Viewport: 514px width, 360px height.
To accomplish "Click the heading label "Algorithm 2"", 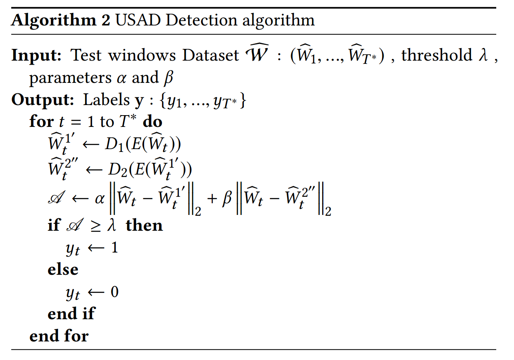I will [x=61, y=20].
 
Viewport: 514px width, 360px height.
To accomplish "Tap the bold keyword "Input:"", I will [x=36, y=56].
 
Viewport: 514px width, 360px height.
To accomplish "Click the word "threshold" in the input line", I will [x=436, y=55].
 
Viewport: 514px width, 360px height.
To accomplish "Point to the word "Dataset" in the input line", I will [x=210, y=56].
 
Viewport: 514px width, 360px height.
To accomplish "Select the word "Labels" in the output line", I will [x=106, y=100].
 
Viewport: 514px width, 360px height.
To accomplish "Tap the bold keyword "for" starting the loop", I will [x=41, y=122].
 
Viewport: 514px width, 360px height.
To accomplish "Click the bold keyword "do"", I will [x=153, y=122].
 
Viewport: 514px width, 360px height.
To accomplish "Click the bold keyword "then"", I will [x=144, y=225].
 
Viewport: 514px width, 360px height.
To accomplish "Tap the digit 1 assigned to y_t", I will [x=114, y=247].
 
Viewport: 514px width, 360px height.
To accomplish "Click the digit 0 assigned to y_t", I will [x=114, y=292].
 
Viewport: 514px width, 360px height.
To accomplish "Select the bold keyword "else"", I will [x=63, y=269].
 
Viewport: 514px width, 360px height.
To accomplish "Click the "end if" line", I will [x=71, y=314].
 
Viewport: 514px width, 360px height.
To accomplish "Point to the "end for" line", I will [x=59, y=336].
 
